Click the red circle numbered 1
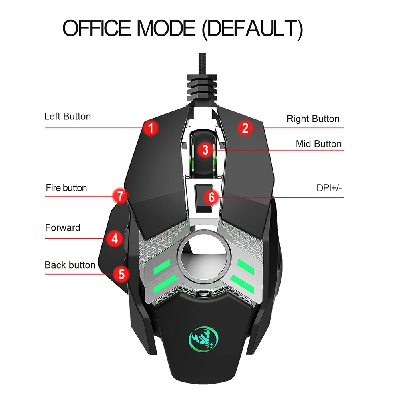[x=151, y=128]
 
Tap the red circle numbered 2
[x=245, y=128]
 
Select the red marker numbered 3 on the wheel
[x=205, y=150]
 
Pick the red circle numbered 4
[x=115, y=239]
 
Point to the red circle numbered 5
[x=121, y=274]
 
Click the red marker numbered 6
[x=211, y=197]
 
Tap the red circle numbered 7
[x=120, y=196]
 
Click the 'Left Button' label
[x=68, y=117]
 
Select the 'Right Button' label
[x=313, y=119]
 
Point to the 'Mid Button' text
[x=318, y=144]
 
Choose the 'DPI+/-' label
[x=329, y=188]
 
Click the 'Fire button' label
[x=66, y=188]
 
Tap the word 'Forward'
[x=62, y=227]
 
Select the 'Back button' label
[x=70, y=265]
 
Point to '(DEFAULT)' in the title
[x=253, y=29]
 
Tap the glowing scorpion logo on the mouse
[x=203, y=339]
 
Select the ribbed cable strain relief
[x=202, y=88]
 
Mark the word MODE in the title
[x=166, y=28]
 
